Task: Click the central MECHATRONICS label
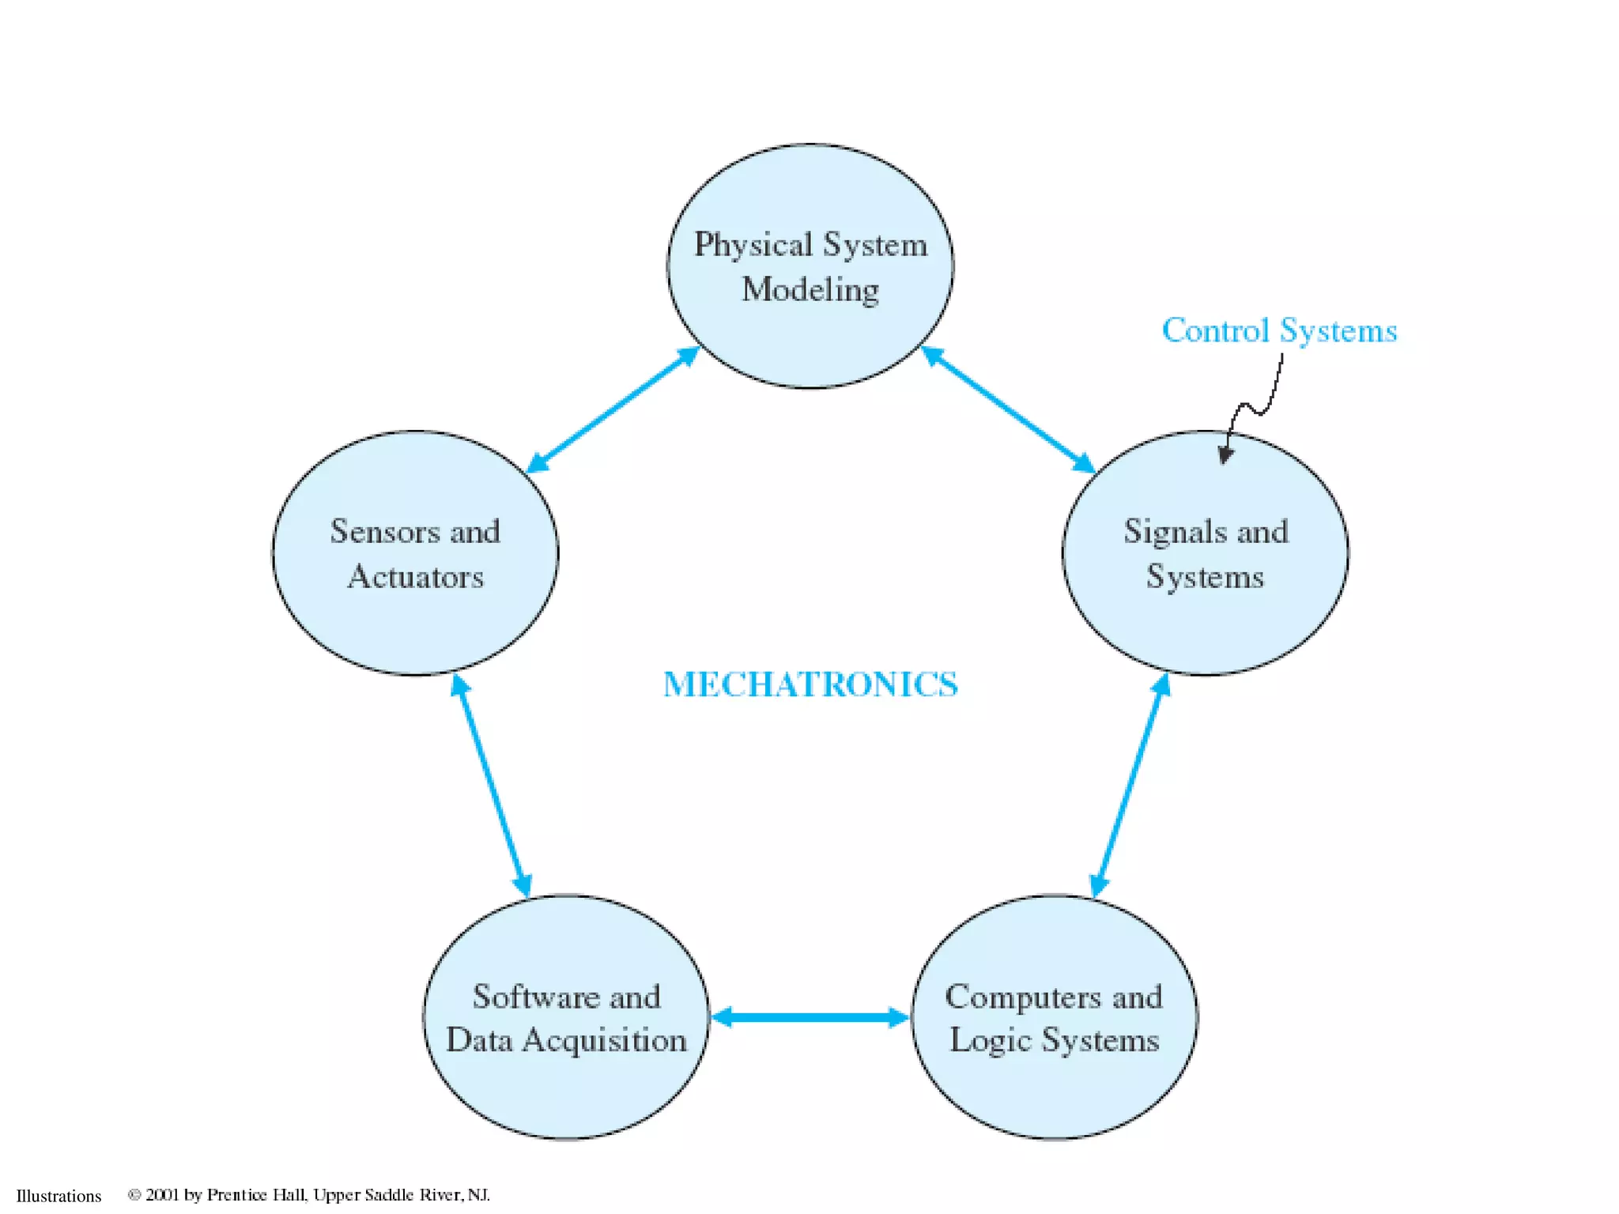coord(810,684)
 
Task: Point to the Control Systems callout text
coord(1279,330)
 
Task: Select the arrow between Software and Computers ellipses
coord(810,1017)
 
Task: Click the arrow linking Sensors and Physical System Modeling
coord(613,409)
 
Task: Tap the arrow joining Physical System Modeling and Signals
coord(1008,409)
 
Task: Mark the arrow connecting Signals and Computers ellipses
coord(1130,786)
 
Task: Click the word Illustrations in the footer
coord(59,1196)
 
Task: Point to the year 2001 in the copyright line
coord(163,1194)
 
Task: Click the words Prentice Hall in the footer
coord(256,1194)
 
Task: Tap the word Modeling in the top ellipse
coord(810,289)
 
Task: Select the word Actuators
coord(415,577)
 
